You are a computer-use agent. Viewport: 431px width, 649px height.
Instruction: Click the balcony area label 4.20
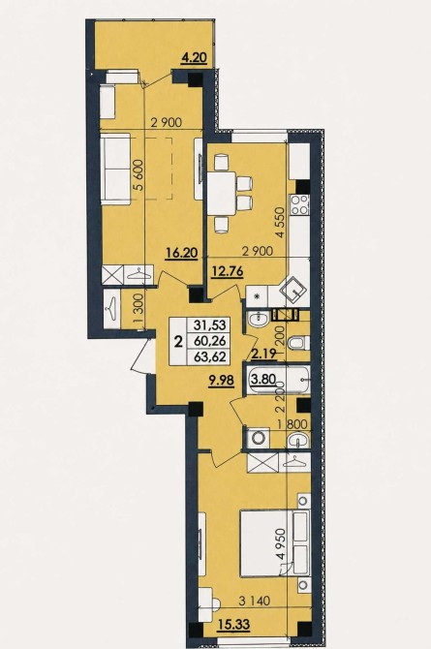coord(194,57)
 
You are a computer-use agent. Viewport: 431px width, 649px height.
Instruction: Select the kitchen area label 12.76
coord(227,271)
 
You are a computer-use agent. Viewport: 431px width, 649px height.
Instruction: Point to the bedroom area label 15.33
coord(233,624)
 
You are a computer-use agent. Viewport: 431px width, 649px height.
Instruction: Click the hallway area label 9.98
coord(221,380)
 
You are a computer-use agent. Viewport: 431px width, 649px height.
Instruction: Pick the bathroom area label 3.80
coord(263,379)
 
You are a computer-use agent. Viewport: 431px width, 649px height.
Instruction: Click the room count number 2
coord(179,342)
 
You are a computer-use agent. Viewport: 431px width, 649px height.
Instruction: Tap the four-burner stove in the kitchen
coord(300,204)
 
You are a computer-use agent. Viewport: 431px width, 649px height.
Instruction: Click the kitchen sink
coord(293,290)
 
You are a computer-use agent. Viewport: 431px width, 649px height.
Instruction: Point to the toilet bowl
coord(298,343)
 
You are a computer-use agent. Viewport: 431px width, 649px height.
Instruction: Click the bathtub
coord(278,380)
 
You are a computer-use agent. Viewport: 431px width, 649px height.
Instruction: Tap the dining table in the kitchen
coord(222,194)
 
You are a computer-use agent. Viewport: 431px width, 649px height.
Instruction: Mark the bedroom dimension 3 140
coord(255,601)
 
